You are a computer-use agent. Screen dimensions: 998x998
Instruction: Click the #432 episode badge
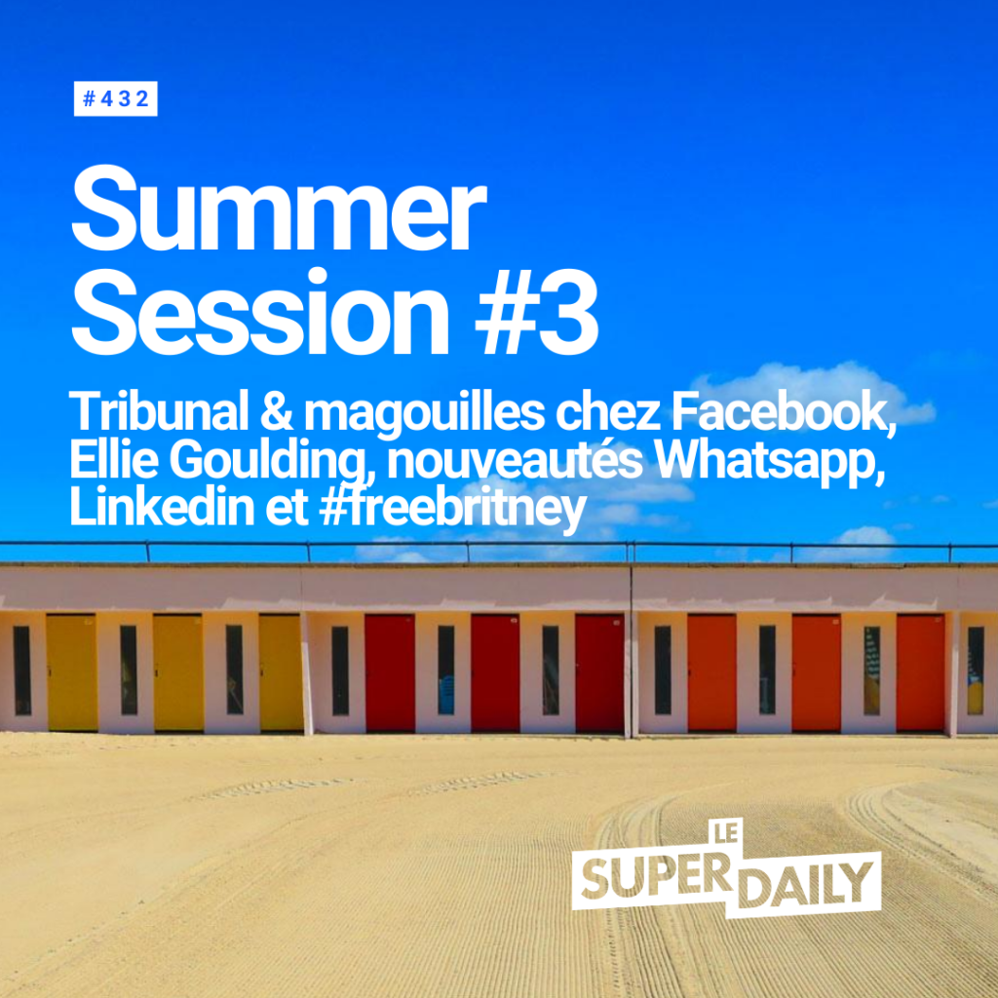[x=115, y=98]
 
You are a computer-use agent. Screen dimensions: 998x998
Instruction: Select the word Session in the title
[x=260, y=311]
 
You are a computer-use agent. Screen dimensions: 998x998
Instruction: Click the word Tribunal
[x=159, y=412]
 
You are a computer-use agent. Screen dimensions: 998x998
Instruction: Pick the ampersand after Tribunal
[x=276, y=413]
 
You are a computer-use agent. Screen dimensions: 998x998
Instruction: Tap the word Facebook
[x=784, y=414]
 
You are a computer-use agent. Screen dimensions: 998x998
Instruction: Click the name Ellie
[x=114, y=460]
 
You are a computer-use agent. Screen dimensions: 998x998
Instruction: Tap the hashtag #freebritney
[x=452, y=511]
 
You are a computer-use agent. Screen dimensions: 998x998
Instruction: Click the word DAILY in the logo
[x=808, y=887]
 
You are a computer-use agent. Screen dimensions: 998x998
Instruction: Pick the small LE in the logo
[x=726, y=832]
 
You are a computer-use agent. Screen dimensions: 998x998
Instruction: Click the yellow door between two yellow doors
[x=179, y=672]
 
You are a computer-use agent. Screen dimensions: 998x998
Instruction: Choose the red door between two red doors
[x=495, y=672]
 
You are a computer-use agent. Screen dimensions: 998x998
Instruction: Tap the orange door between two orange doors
[x=816, y=672]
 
